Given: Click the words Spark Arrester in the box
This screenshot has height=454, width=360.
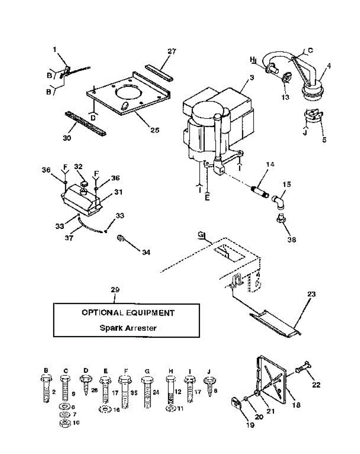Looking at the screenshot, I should point(128,328).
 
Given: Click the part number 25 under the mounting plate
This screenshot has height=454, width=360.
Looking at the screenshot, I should point(154,130).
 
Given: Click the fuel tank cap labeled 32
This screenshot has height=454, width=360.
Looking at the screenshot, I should point(84,186).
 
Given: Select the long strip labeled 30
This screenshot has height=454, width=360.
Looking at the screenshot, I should point(86,123).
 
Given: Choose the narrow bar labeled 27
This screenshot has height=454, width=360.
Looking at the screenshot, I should point(159,72).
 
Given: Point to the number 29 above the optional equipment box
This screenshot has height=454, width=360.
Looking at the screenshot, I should point(115,290).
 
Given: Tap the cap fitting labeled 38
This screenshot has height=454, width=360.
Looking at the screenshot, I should point(281,219).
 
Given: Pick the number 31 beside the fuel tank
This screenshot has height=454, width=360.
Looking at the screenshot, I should point(118,193).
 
